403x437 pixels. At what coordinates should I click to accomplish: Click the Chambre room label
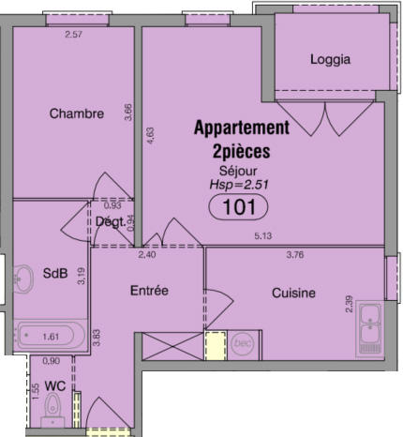76,114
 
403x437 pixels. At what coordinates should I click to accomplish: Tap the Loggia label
330,59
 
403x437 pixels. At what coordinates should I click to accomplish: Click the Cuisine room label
293,294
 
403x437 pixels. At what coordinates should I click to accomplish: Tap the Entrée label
148,291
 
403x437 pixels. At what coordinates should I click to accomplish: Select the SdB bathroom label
54,274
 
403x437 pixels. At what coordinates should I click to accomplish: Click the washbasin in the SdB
21,276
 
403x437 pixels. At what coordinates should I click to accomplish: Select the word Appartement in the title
242,127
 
